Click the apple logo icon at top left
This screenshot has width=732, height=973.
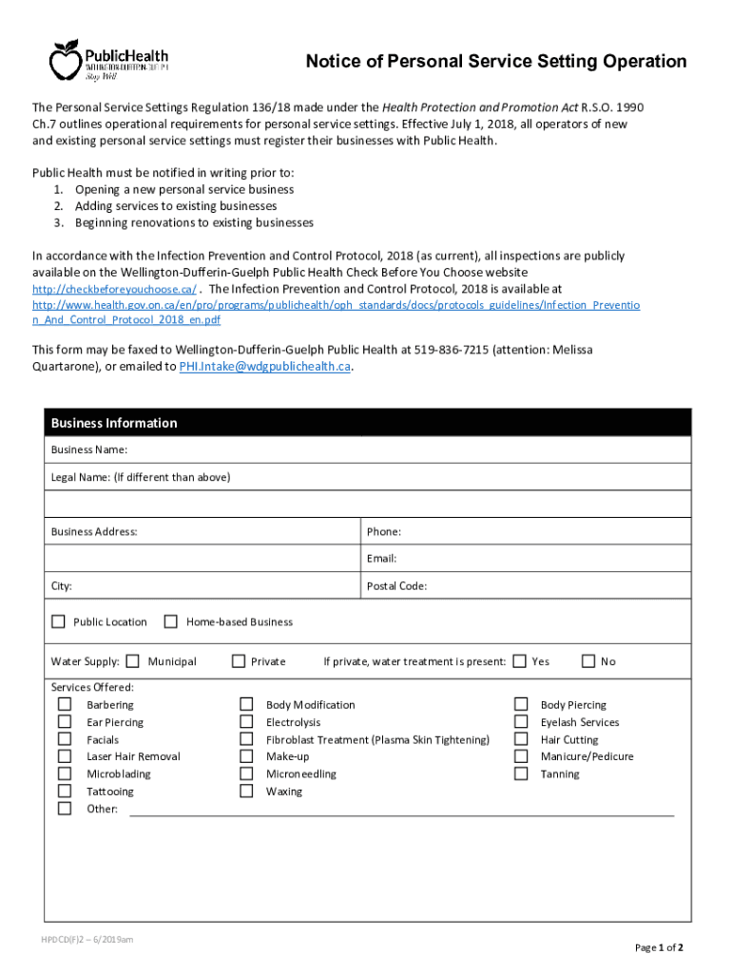pos(66,60)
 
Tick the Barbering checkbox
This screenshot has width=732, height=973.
pos(65,704)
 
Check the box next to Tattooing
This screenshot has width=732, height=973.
pos(65,791)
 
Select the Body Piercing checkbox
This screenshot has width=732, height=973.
pos(521,704)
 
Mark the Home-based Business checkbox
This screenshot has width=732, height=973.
pos(171,621)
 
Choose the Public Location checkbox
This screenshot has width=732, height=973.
pos(58,621)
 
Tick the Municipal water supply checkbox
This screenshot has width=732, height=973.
pos(132,661)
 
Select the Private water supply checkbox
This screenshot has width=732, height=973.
pos(239,661)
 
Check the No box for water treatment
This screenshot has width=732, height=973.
pos(588,661)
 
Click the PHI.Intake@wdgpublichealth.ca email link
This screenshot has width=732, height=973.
pos(265,367)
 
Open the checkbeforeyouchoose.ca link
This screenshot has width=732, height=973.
pos(115,289)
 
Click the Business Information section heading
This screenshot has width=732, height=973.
pos(114,423)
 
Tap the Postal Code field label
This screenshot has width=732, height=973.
pos(396,586)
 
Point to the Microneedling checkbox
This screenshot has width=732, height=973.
pos(246,773)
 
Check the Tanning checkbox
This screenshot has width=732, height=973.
pos(521,773)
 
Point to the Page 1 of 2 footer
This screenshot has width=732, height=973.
pos(659,947)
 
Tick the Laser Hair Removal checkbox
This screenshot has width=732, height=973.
pos(65,756)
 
